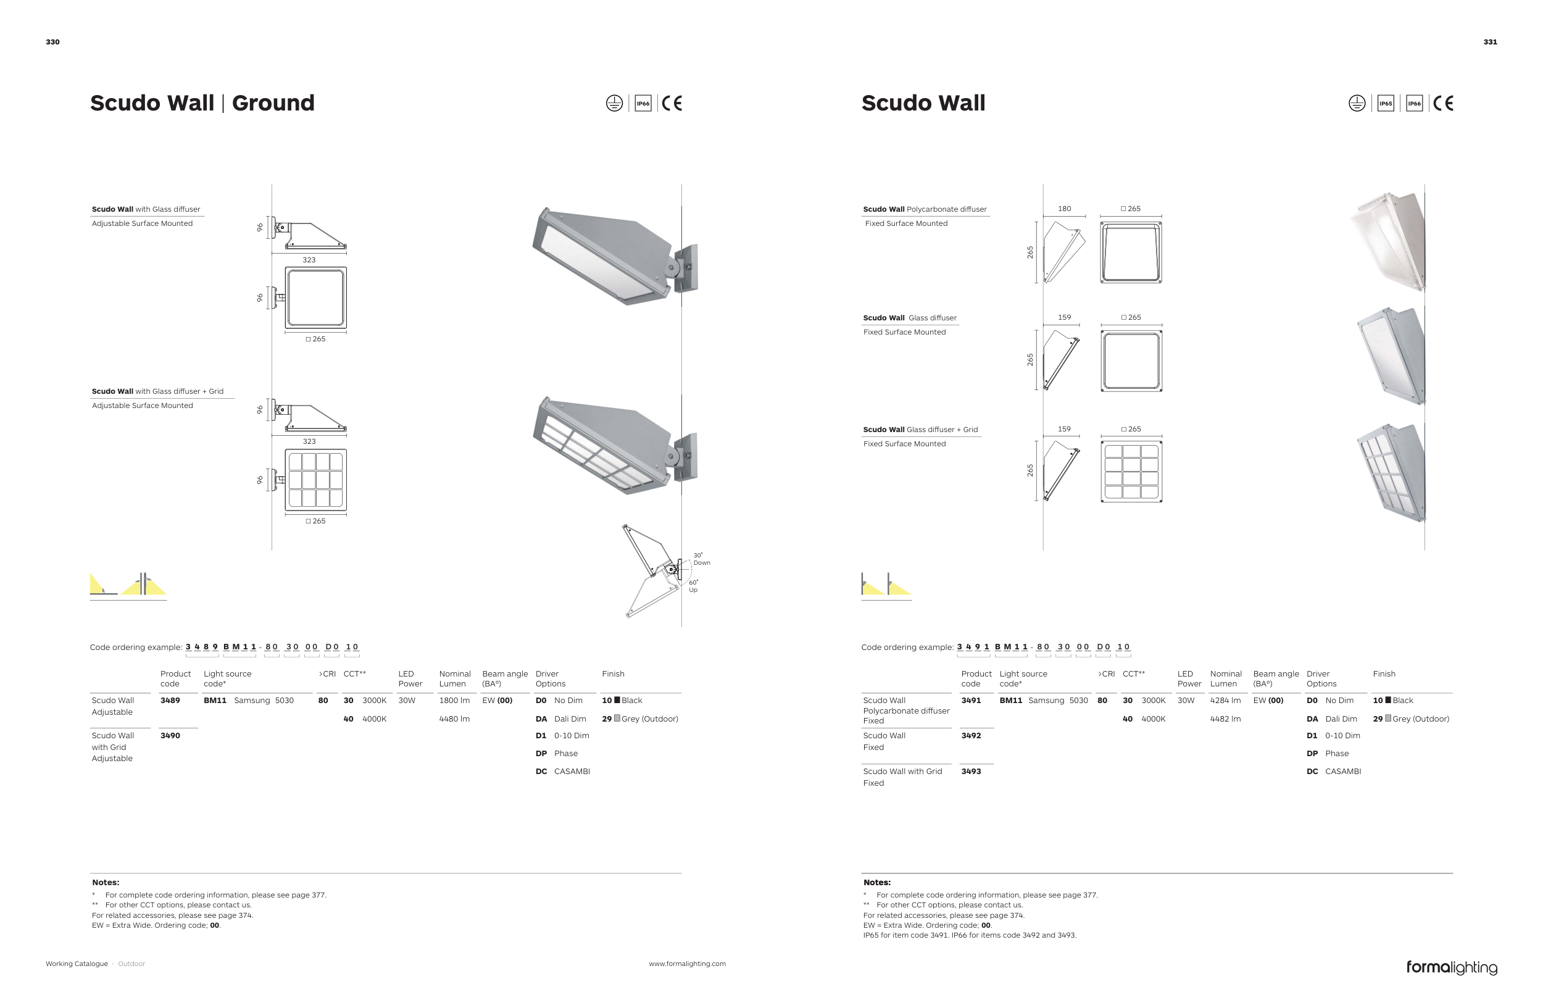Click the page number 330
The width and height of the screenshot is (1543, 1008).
point(52,42)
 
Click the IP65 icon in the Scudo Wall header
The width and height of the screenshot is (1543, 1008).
point(1385,104)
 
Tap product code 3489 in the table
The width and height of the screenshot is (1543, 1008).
point(170,700)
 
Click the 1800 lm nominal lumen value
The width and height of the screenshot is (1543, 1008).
point(454,700)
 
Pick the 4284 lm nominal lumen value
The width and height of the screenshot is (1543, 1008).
point(1225,700)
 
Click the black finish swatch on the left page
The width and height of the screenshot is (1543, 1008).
point(617,700)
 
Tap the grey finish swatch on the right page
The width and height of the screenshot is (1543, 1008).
point(1388,719)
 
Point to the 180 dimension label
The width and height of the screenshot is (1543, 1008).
point(1064,209)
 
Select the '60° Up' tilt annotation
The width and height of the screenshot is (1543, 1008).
point(693,586)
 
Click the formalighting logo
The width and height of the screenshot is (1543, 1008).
point(1451,967)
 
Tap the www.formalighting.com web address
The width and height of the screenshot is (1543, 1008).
point(686,964)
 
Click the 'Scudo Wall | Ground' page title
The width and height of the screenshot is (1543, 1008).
point(202,103)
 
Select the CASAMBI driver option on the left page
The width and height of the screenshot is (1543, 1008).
point(571,772)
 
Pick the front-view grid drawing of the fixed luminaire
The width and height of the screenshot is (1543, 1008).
point(1131,471)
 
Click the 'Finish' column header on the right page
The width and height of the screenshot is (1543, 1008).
point(1384,674)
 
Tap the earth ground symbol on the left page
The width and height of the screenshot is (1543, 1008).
point(614,104)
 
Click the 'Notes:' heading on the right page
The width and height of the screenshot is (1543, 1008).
point(876,882)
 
